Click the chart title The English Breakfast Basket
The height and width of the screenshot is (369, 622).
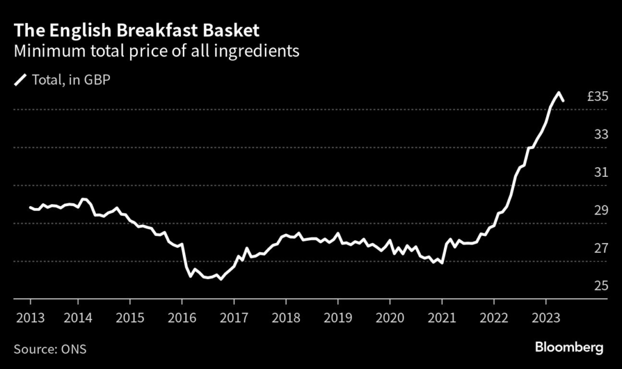[137, 30]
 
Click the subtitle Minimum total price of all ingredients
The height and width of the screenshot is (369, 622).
[157, 51]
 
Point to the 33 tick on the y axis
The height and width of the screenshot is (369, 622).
[601, 134]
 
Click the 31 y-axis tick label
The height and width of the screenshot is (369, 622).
[601, 173]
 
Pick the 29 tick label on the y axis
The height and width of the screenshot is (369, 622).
[601, 210]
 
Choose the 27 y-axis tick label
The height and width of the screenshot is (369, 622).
[601, 249]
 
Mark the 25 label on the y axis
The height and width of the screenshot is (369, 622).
[601, 286]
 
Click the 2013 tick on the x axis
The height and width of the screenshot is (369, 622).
[30, 318]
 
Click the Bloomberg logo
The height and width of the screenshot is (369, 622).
[569, 348]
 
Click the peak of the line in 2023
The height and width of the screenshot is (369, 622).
[558, 93]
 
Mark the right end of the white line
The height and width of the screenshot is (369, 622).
[563, 101]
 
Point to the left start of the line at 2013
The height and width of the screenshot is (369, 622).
[30, 208]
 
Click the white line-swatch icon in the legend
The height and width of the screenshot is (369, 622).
[21, 80]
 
